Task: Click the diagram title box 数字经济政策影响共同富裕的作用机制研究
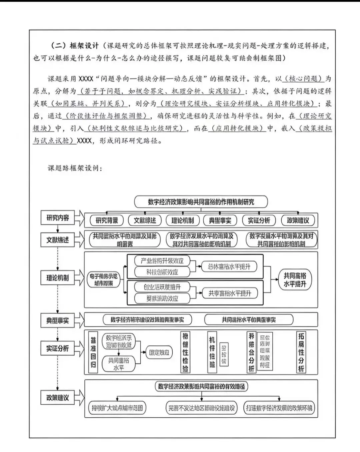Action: point(201,202)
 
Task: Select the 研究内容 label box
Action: point(58,218)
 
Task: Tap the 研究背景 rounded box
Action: point(107,220)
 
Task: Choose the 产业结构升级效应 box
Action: point(162,260)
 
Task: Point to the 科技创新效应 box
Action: point(162,272)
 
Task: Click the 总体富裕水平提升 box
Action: point(229,266)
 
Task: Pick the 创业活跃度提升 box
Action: point(162,287)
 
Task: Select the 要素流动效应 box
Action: point(162,298)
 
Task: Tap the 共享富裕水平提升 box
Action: point(229,293)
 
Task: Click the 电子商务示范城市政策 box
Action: point(104,279)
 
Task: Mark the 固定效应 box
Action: point(159,352)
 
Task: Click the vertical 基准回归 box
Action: point(93,352)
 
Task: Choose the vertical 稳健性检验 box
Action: point(185,352)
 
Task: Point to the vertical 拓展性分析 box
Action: point(301,352)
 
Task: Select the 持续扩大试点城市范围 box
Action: point(117,408)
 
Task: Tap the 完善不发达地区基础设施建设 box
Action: point(201,408)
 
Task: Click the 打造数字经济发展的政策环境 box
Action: point(279,408)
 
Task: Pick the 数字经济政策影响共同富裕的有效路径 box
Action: point(201,386)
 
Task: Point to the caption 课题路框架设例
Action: point(75,168)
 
